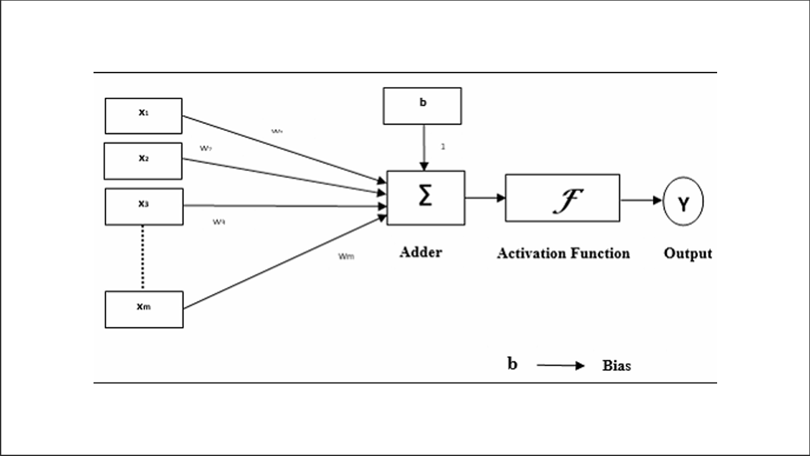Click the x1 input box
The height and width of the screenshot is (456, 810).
click(x=143, y=116)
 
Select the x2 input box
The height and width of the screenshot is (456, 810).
click(x=143, y=161)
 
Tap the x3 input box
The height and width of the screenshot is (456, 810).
click(x=144, y=207)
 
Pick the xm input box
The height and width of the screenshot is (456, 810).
click(x=144, y=309)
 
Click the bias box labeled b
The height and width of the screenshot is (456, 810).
click(x=422, y=106)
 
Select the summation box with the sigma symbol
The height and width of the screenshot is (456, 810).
click(x=426, y=198)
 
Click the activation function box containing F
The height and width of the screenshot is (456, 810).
click(x=562, y=198)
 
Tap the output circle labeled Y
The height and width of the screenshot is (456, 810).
click(x=683, y=204)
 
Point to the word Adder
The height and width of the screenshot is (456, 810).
click(x=421, y=252)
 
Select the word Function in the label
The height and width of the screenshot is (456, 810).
click(x=601, y=253)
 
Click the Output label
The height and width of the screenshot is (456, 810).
click(x=688, y=253)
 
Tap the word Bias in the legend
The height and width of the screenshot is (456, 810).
click(x=616, y=366)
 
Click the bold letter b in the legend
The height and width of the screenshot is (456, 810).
click(x=512, y=364)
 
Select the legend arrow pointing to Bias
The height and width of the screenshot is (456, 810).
click(x=561, y=366)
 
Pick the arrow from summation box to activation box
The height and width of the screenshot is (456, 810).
click(x=485, y=198)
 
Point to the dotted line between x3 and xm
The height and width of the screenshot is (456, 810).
click(x=143, y=258)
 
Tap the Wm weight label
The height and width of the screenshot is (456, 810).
click(x=346, y=257)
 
